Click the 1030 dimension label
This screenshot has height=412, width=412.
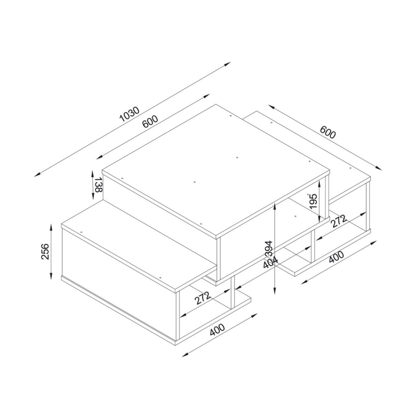pos(129,114)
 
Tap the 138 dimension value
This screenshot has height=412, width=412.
pos(98,185)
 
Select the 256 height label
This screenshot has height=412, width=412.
pos(45,252)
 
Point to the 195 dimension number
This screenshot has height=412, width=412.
pos(313,201)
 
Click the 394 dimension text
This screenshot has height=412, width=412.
pos(269,249)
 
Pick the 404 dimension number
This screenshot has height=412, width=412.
pos(270,262)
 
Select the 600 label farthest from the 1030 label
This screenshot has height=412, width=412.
pos(328,132)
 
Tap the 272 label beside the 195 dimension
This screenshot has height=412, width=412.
pos(338,221)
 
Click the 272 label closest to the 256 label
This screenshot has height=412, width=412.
pos(203,298)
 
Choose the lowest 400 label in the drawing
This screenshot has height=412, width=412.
pos(217,330)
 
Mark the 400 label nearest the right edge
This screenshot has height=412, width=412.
pos(337,257)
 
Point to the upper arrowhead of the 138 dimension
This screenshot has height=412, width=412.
pos(93,174)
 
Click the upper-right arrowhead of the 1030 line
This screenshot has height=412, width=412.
pos(227,64)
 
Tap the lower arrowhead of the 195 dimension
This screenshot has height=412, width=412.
pos(319,219)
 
